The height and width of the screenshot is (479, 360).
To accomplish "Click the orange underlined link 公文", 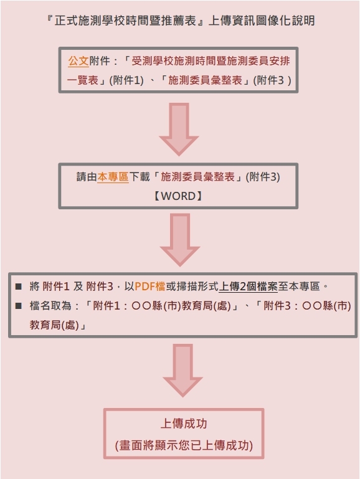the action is click(x=78, y=61).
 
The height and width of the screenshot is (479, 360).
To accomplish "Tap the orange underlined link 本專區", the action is click(x=113, y=177).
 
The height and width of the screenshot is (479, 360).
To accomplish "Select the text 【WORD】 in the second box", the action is click(x=178, y=196).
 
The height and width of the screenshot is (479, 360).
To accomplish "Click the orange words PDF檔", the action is click(x=150, y=287).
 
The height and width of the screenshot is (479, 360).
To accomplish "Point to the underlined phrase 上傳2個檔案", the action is click(x=249, y=287).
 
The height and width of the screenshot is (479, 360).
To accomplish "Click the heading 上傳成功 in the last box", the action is click(x=184, y=424).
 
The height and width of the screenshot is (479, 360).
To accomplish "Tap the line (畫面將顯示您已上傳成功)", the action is click(x=184, y=445).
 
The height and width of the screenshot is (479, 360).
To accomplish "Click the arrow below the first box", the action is click(x=179, y=130).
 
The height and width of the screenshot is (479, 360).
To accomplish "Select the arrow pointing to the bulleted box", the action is click(x=180, y=240).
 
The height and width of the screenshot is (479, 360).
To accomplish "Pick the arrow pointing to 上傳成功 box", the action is click(x=183, y=371).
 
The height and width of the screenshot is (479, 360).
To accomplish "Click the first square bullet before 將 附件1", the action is click(x=18, y=287).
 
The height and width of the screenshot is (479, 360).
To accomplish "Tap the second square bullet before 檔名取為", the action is click(x=18, y=305).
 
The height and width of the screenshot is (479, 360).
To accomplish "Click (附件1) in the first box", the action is click(x=126, y=80).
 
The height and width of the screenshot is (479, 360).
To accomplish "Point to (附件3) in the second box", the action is click(x=263, y=177).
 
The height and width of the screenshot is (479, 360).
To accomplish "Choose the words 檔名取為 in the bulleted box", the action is click(x=50, y=305).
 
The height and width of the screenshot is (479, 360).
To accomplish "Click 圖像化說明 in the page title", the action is click(x=285, y=21).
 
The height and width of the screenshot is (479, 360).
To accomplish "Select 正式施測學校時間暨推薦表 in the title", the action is click(x=125, y=21).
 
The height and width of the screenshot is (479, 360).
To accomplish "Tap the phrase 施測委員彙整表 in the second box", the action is click(x=197, y=177).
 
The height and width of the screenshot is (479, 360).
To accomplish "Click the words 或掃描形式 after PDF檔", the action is click(x=192, y=287).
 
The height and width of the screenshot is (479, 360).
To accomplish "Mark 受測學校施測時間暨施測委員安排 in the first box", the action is click(x=211, y=61).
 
